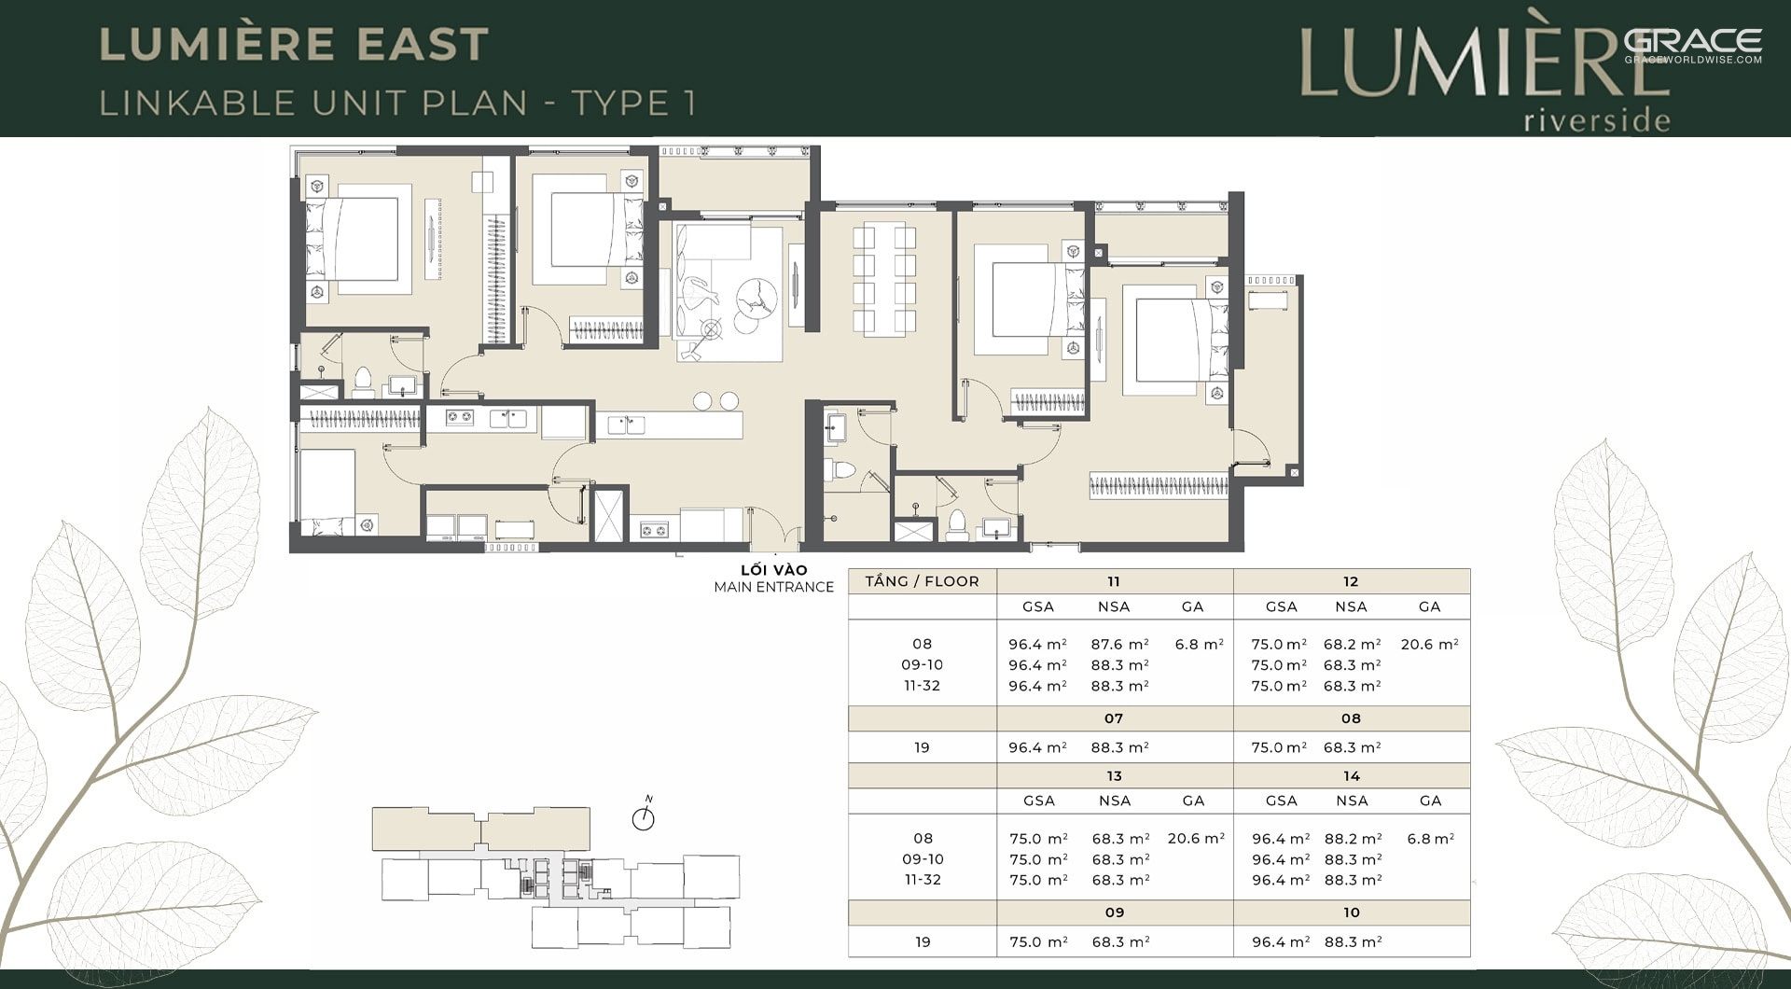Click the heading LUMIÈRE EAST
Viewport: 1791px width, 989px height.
[x=294, y=45]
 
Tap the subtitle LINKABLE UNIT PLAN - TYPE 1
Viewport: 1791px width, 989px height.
[x=398, y=103]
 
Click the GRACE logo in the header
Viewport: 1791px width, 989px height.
[x=1693, y=40]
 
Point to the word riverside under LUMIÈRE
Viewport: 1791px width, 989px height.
[x=1597, y=120]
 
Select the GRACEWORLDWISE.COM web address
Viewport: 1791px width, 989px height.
[x=1693, y=60]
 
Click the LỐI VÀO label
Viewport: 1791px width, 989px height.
[x=774, y=570]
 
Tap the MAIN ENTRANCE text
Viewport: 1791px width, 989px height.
[x=774, y=587]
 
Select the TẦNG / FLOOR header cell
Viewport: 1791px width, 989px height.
[x=922, y=581]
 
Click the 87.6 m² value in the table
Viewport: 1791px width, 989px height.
[x=1119, y=644]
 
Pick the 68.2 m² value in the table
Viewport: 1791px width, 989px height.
[x=1352, y=644]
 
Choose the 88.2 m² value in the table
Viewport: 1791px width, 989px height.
[x=1353, y=839]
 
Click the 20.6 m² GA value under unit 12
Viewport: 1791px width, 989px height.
[x=1429, y=644]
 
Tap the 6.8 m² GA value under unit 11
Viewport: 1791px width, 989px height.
[x=1200, y=644]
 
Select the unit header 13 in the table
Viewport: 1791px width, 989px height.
[x=1114, y=776]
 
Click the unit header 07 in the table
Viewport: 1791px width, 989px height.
[x=1114, y=718]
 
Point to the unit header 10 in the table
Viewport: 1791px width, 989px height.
[x=1352, y=912]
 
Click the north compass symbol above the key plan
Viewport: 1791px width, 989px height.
[x=644, y=817]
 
